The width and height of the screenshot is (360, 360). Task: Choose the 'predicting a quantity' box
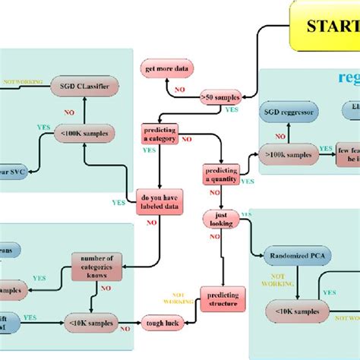[220, 174]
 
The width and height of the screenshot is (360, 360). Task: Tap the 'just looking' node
[220, 220]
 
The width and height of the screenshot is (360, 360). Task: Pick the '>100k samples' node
[289, 154]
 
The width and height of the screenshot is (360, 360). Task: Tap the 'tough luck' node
[162, 323]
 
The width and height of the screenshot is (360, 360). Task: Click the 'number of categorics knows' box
[96, 264]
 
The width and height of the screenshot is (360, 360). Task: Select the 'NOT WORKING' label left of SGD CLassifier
[18, 81]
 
